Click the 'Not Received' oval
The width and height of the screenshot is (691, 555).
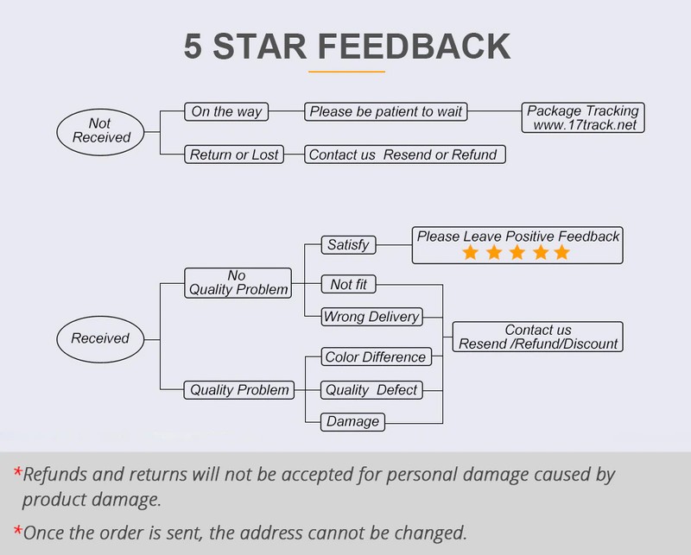(102, 130)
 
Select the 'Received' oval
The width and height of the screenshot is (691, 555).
(100, 338)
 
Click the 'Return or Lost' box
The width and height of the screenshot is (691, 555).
(235, 155)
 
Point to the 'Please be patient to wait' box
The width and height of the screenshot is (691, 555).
(386, 111)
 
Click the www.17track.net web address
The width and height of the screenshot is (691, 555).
(584, 125)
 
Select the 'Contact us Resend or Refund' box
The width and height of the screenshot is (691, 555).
(403, 155)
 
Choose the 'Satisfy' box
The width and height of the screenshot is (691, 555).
(348, 244)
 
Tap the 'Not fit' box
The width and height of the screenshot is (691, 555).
(348, 284)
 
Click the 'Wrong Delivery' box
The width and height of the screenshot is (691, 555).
(371, 317)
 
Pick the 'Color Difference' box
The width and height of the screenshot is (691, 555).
(375, 357)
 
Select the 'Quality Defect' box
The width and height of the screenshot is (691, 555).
(371, 390)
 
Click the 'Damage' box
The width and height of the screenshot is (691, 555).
(352, 422)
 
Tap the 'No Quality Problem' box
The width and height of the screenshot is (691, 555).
(237, 282)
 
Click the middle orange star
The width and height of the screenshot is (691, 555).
(516, 252)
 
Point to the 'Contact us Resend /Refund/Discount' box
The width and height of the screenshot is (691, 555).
(538, 337)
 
